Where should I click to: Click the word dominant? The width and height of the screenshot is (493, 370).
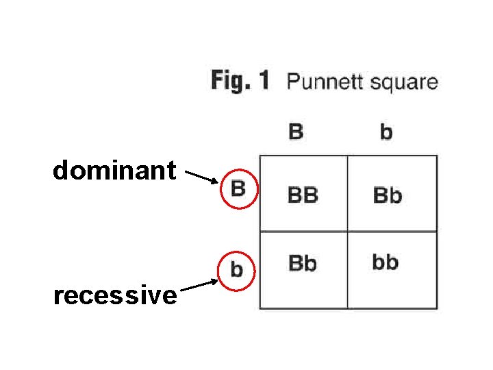(x=114, y=171)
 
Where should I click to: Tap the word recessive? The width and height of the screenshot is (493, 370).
(x=115, y=295)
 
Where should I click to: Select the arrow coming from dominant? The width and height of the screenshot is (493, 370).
(x=202, y=178)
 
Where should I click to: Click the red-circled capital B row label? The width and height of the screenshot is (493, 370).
(x=238, y=188)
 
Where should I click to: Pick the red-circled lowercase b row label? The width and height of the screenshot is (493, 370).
(x=236, y=269)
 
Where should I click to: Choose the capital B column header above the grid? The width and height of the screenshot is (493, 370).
(x=296, y=131)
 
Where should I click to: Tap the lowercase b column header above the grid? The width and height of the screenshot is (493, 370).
(x=386, y=132)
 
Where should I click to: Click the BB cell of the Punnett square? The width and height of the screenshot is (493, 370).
(x=303, y=195)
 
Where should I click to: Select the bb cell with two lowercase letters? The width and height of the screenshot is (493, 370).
(x=385, y=262)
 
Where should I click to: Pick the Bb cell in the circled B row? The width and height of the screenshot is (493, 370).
(x=387, y=196)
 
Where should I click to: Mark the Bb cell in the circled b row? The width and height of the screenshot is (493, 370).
(x=303, y=262)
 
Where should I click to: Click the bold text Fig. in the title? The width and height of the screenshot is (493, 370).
(x=230, y=81)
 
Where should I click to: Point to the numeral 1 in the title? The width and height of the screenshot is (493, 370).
(x=264, y=81)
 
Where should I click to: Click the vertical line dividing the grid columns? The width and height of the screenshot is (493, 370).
(x=347, y=206)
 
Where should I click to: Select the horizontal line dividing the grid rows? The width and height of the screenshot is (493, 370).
(x=308, y=232)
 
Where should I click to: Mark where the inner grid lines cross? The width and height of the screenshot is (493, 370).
(x=347, y=232)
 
